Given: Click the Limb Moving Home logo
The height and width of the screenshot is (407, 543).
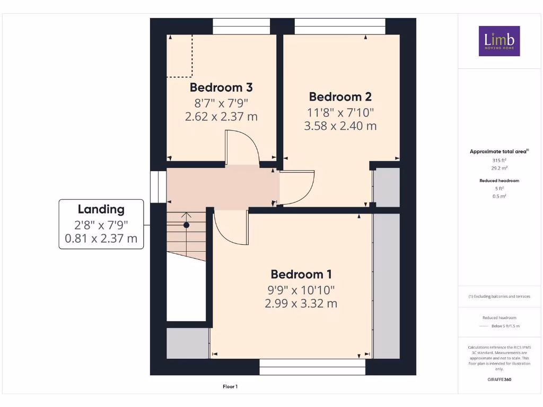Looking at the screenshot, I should point(499,41).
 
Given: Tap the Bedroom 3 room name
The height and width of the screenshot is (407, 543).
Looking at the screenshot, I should point(221,87).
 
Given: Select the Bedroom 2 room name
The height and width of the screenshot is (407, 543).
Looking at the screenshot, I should point(340,97).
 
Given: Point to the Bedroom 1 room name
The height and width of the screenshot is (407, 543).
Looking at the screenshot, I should point(301,275).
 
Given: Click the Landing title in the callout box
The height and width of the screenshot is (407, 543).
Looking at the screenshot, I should point(101,209).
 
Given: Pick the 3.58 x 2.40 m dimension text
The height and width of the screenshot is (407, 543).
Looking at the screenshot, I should point(340,126).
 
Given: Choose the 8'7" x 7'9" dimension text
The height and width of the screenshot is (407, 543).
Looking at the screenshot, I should point(221,102).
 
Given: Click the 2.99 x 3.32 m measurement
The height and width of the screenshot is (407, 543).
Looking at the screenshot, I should point(301,304).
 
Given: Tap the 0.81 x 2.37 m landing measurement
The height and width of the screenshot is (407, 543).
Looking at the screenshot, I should point(101,238).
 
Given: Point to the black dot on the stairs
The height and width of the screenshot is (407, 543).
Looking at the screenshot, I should point(186,225).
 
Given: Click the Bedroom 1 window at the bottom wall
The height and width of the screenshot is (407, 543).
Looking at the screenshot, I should point(312,367).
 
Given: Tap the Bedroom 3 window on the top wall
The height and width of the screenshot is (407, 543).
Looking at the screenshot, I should point(241,26).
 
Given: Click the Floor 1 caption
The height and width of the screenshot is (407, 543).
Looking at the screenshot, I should point(230,387).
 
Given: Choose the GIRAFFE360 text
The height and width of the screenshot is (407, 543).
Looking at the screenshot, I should point(499,379).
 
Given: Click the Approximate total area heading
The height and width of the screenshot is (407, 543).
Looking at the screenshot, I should point(499,152).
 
